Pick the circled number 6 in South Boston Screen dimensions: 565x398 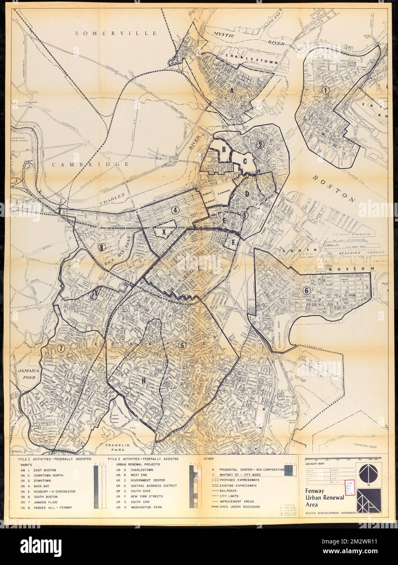(307, 291)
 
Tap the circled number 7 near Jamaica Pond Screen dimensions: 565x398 (61, 348)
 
